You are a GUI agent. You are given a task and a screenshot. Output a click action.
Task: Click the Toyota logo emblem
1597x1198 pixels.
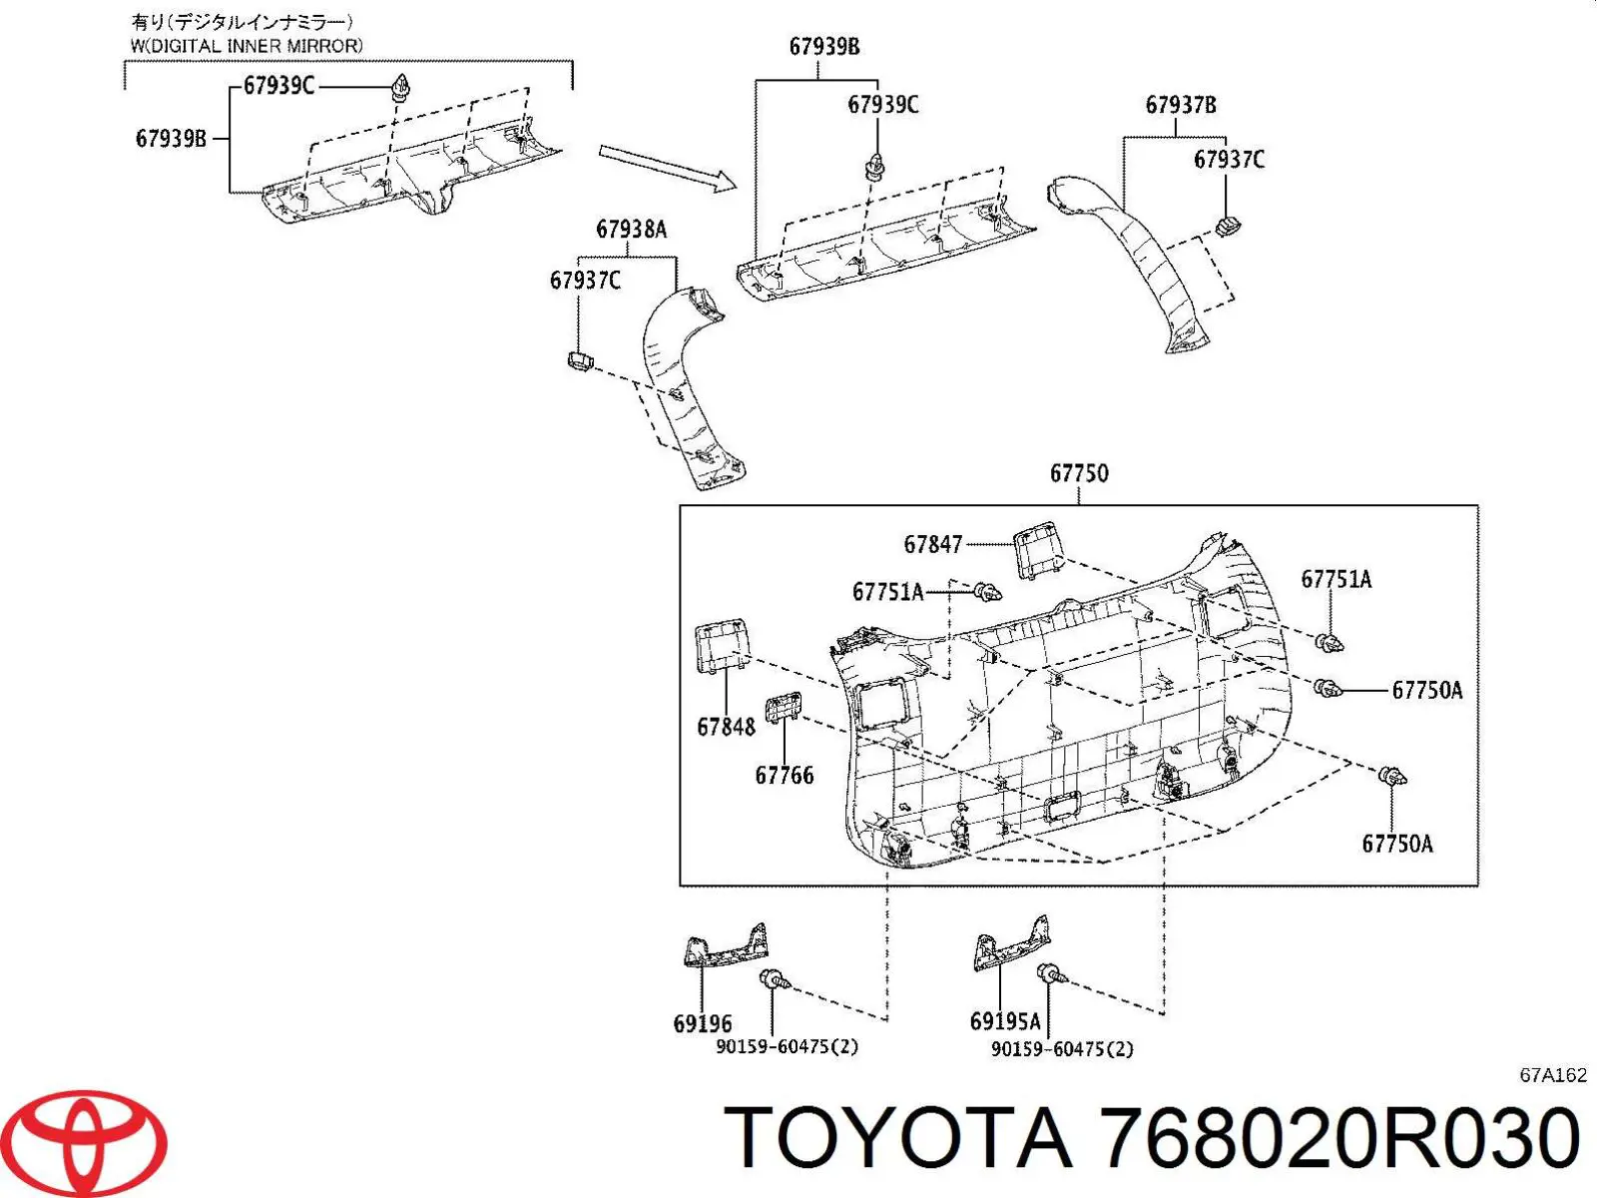pyautogui.click(x=90, y=1141)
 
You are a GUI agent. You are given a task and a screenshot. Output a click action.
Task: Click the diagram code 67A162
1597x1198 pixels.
pyautogui.click(x=1552, y=1075)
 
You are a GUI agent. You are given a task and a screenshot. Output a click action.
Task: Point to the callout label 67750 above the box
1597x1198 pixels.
pyautogui.click(x=1079, y=473)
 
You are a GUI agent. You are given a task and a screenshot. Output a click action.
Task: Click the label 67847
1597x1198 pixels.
pyautogui.click(x=932, y=544)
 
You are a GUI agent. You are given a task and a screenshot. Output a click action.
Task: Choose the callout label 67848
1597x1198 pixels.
pyautogui.click(x=726, y=726)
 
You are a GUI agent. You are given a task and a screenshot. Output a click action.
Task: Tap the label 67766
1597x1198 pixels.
pyautogui.click(x=785, y=776)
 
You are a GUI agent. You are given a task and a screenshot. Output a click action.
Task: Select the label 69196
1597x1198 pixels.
pyautogui.click(x=703, y=1023)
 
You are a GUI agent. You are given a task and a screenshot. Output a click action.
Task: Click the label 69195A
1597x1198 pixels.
pyautogui.click(x=1005, y=1021)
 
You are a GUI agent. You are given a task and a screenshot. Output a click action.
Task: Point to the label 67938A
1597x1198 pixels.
pyautogui.click(x=632, y=230)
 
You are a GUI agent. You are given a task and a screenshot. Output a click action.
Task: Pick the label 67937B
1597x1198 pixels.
pyautogui.click(x=1181, y=105)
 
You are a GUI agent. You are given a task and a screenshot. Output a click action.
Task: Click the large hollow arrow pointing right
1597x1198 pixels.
pyautogui.click(x=667, y=168)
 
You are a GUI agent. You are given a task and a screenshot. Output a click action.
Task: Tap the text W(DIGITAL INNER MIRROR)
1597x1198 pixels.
pyautogui.click(x=246, y=46)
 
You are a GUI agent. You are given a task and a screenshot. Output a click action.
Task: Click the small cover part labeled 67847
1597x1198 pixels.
pyautogui.click(x=1037, y=550)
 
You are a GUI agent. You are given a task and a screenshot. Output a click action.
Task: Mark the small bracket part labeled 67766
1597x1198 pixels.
pyautogui.click(x=783, y=707)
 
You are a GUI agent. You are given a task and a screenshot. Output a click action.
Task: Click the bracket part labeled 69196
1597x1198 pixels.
pyautogui.click(x=726, y=944)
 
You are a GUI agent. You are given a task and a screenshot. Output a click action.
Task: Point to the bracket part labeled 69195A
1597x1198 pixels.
pyautogui.click(x=1011, y=943)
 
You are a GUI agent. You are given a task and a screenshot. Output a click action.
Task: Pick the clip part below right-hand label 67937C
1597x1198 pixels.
pyautogui.click(x=1228, y=227)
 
